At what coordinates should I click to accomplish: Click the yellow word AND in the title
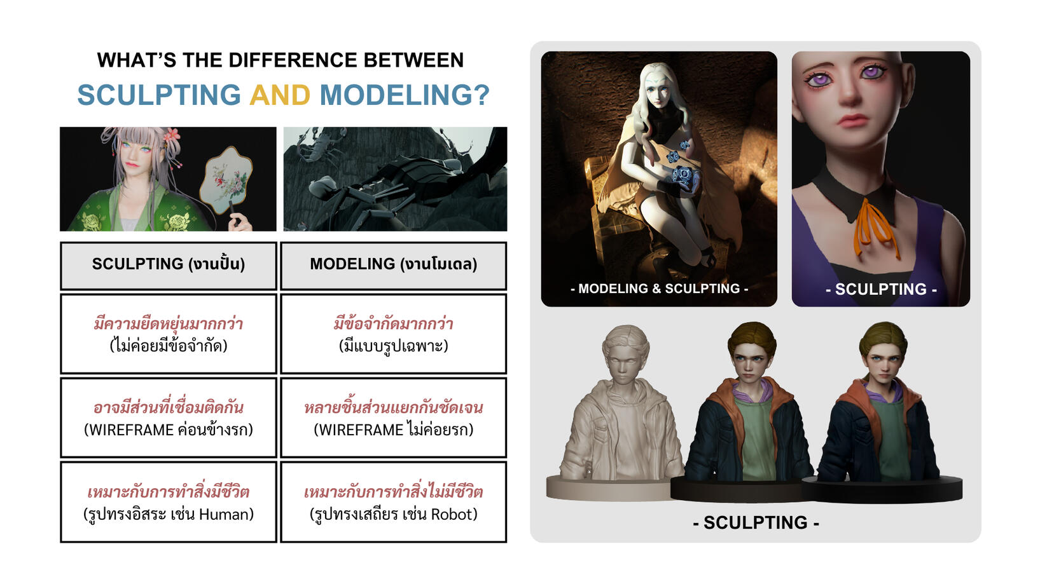coord(280,95)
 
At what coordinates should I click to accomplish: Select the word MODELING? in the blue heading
coord(405,95)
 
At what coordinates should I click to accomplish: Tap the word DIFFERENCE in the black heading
coord(292,60)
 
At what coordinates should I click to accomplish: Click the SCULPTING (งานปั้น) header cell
coord(169,266)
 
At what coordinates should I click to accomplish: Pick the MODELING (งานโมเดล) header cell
coord(394,266)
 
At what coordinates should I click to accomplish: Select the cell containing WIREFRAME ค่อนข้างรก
coord(169,418)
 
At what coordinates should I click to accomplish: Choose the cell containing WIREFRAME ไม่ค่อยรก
coord(394,418)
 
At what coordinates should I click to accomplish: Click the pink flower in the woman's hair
coord(172,135)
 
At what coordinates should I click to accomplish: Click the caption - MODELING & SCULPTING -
coord(659,289)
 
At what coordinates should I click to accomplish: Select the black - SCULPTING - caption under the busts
coord(756,523)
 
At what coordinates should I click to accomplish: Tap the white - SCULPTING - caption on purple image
coord(881,289)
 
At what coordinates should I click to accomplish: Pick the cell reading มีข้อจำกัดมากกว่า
coord(394,334)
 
